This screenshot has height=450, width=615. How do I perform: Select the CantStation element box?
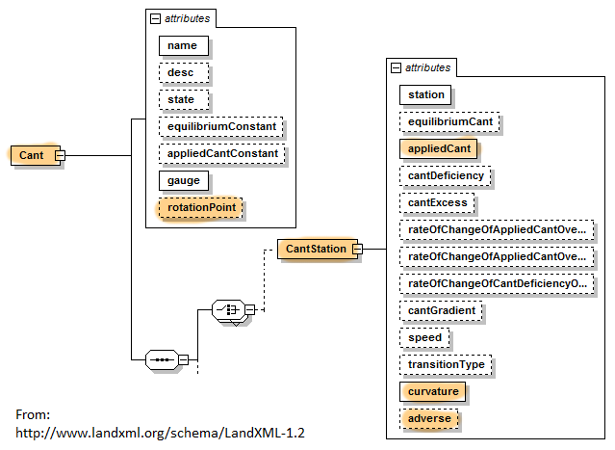coord(314,250)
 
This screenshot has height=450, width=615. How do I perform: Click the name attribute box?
coord(181,45)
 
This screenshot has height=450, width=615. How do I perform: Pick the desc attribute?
coord(181,72)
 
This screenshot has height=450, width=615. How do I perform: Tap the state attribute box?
coord(183,99)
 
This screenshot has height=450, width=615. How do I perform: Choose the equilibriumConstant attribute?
coord(220,126)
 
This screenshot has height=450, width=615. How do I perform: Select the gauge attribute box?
coord(183,180)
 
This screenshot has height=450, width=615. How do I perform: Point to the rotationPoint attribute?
coord(201,207)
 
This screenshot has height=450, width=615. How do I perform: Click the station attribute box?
coord(426,94)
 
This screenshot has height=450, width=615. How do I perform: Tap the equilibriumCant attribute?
coord(450,121)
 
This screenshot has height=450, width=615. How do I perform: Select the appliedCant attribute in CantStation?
coord(438,148)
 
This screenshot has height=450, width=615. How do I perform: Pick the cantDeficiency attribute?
coord(445,175)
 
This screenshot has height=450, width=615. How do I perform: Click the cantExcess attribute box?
coord(438,202)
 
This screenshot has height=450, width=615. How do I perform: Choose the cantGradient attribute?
coord(442,311)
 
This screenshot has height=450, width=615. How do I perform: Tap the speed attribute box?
coord(424,338)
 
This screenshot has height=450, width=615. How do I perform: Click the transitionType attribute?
coord(446,365)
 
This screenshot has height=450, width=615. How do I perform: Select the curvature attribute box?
coord(432,392)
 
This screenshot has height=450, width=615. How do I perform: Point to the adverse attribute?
coord(428,419)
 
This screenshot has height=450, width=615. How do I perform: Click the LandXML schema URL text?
coord(161,433)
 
